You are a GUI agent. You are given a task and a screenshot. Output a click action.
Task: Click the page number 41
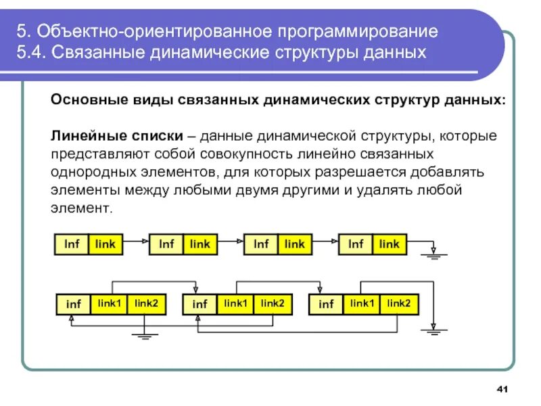[502, 389]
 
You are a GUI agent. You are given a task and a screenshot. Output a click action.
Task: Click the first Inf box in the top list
[72, 244]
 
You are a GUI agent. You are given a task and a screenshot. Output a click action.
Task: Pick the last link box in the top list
[389, 244]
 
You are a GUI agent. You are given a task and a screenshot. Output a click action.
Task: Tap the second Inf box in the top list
[166, 244]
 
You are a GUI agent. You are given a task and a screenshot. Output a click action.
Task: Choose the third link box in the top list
[294, 244]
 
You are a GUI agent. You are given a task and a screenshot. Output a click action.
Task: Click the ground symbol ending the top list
[430, 255]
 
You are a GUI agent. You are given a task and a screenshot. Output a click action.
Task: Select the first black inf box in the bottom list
[73, 304]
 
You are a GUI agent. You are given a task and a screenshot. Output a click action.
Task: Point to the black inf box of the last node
[326, 304]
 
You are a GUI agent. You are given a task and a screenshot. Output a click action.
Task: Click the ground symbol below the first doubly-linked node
[144, 335]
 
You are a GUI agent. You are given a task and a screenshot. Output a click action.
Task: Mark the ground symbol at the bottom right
[431, 330]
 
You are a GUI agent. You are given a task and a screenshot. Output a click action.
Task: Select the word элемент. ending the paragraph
[80, 208]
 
